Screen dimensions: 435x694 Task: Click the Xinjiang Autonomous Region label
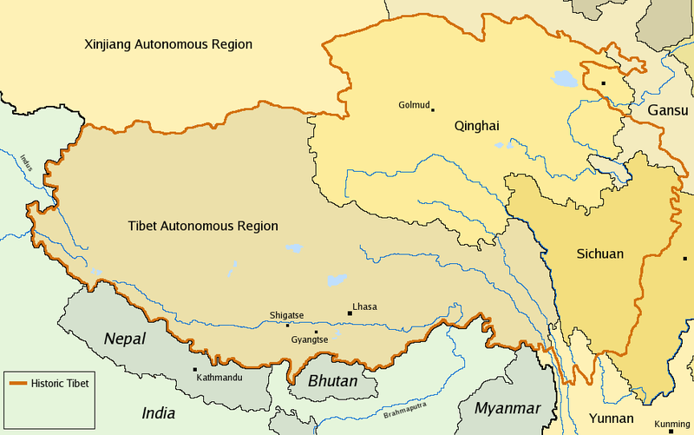click(167, 44)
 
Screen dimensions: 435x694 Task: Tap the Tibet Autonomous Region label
click(203, 227)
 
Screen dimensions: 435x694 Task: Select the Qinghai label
click(476, 126)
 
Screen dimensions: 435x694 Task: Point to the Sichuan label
click(599, 254)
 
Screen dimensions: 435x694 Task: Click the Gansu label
click(667, 111)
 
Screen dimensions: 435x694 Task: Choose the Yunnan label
click(612, 419)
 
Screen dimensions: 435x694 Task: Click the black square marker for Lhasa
click(349, 312)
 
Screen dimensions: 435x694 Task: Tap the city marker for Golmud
click(432, 109)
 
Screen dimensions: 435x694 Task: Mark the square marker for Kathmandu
click(194, 369)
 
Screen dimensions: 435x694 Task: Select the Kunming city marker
click(671, 432)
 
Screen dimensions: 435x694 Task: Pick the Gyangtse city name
click(309, 339)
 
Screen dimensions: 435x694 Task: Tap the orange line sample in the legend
click(17, 383)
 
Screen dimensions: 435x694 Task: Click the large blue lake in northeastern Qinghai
click(564, 79)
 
